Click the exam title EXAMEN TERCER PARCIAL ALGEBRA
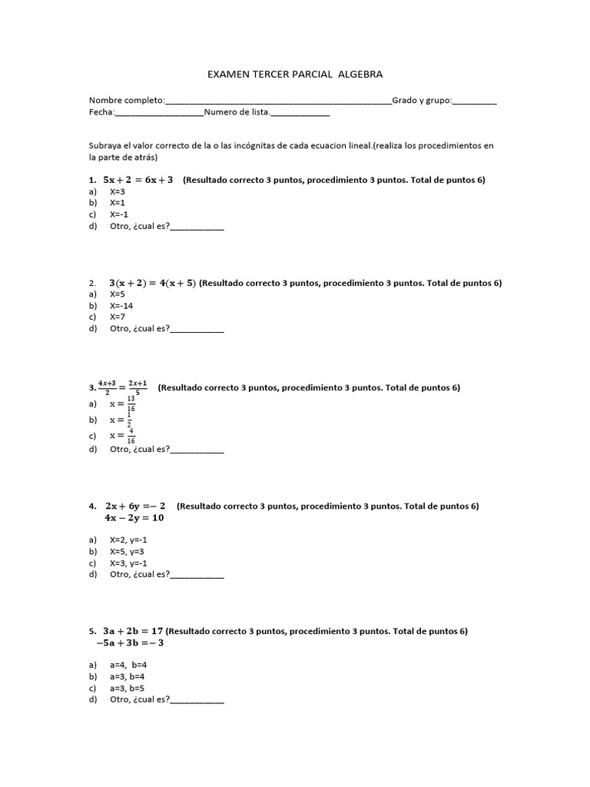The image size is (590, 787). [295, 75]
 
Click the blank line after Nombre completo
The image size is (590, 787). [278, 101]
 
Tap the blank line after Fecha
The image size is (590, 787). [159, 113]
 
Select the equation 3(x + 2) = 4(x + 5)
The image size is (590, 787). [152, 283]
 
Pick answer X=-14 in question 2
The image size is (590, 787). [121, 305]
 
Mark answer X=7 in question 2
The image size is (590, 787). [118, 317]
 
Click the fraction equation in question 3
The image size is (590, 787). [123, 387]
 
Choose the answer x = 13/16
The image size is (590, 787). [123, 403]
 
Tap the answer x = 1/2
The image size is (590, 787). [121, 420]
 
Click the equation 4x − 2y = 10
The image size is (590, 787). [134, 518]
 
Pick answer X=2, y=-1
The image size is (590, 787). [128, 540]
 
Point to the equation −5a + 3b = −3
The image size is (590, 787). [130, 643]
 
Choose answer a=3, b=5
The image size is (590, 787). [128, 688]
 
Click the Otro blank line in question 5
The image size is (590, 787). [197, 701]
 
